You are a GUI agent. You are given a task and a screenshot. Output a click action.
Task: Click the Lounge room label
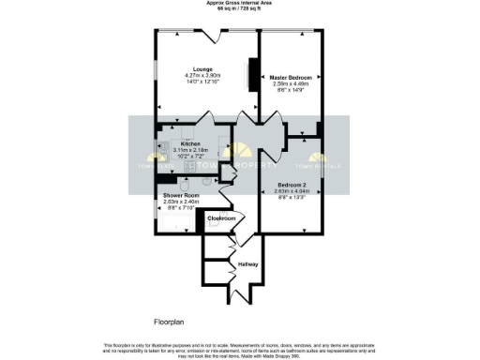[202, 69]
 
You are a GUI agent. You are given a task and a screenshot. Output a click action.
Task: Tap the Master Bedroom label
[292, 76]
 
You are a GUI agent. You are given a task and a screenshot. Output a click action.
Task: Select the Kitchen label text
[191, 143]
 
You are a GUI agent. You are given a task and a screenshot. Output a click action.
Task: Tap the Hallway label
[247, 264]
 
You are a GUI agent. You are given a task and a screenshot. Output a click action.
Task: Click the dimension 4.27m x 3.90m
[202, 76]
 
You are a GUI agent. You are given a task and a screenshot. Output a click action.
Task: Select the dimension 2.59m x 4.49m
[292, 82]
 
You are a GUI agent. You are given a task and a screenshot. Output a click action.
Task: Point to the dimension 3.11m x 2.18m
[191, 150]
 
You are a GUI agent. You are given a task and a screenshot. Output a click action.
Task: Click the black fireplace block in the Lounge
[251, 74]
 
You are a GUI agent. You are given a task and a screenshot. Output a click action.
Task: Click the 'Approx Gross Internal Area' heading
[240, 3]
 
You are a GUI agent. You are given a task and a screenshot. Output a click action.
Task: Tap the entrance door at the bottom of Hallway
[231, 298]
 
